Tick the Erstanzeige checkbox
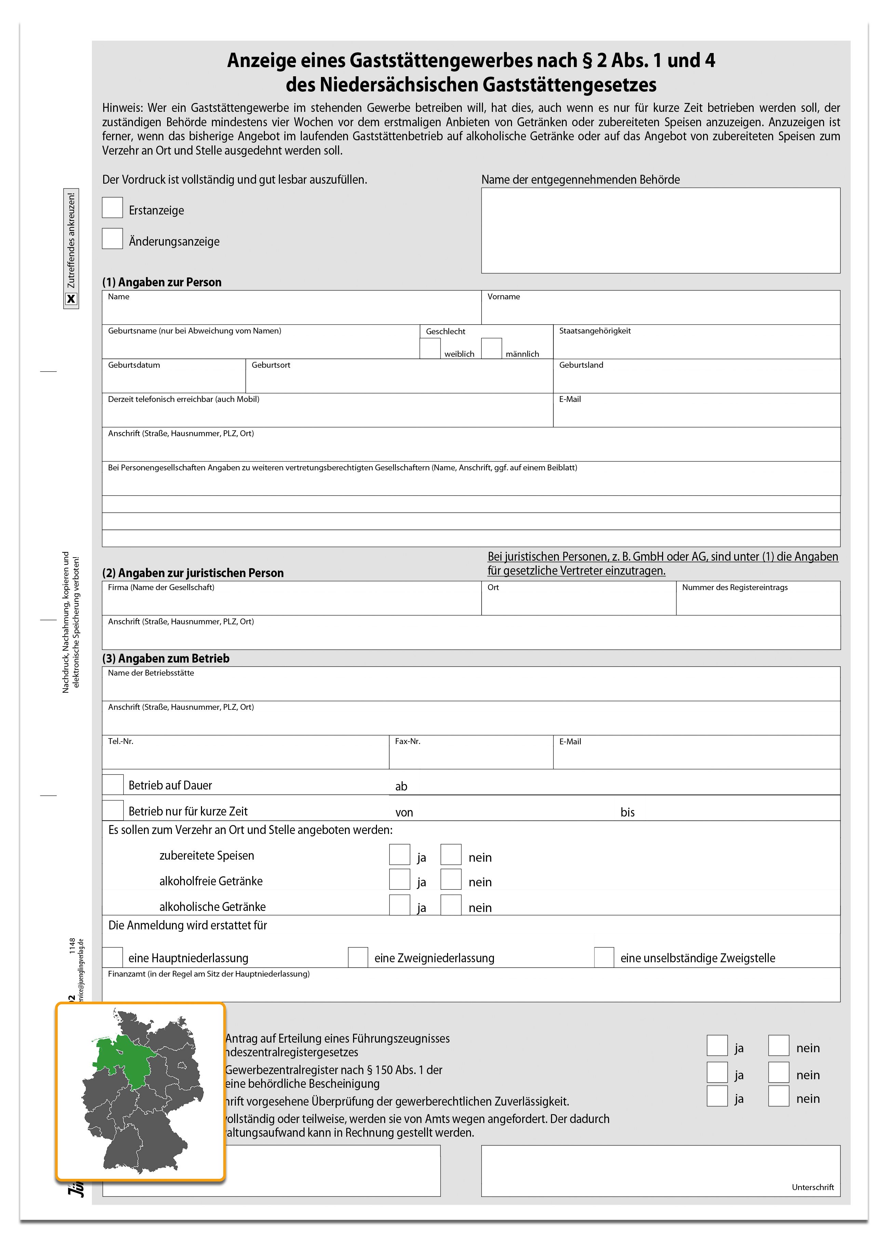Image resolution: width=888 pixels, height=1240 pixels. [x=112, y=208]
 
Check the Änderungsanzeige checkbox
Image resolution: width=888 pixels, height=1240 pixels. [x=112, y=239]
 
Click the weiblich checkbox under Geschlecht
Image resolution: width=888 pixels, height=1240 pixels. [x=430, y=348]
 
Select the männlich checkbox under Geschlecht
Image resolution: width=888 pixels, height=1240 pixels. [x=491, y=348]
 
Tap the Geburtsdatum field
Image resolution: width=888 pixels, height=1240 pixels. [x=174, y=379]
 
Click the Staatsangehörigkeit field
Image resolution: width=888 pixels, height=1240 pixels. [x=696, y=345]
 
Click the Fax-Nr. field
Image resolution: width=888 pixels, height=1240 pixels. [x=471, y=756]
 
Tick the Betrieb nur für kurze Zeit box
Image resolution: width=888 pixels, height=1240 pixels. [x=112, y=810]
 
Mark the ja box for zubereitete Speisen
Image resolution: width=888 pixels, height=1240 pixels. [x=400, y=854]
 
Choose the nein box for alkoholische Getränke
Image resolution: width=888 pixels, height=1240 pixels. [x=451, y=905]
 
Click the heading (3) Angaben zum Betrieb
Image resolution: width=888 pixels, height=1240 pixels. [x=165, y=658]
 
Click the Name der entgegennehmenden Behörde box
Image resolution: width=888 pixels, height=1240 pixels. [x=660, y=230]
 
